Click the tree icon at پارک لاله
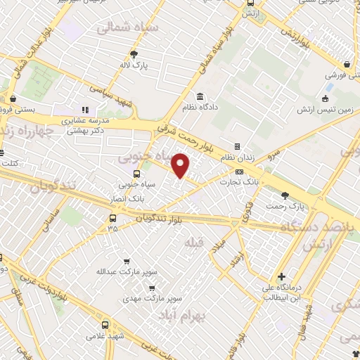(134, 53)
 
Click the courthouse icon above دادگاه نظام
(200, 96)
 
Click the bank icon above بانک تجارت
(240, 172)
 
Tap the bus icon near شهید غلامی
(104, 325)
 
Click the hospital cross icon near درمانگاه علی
(281, 276)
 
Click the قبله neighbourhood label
(193, 242)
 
